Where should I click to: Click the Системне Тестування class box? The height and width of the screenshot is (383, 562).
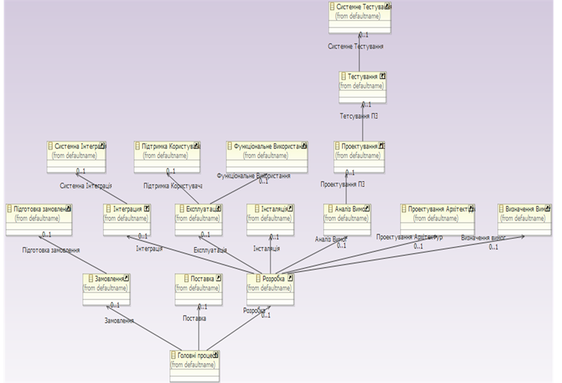click(x=360, y=16)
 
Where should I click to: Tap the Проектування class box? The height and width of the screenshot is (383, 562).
click(x=359, y=156)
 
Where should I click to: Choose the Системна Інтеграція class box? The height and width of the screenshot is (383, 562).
click(x=76, y=155)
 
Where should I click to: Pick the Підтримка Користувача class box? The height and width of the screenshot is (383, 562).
click(x=167, y=155)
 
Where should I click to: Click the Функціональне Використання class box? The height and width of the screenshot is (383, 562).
click(x=267, y=155)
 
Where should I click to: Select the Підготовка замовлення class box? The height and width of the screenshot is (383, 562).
click(x=39, y=218)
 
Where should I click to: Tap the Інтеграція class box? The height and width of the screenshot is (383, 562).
click(x=127, y=219)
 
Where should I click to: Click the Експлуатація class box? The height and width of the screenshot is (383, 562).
click(x=199, y=219)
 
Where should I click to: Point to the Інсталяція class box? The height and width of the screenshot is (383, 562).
click(x=270, y=219)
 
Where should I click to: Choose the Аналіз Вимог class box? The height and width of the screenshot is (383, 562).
click(x=347, y=219)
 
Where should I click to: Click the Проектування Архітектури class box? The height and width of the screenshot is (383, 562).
click(x=437, y=219)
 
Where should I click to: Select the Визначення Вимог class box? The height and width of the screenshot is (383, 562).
click(x=525, y=219)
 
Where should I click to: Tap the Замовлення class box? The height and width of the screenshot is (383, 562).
click(x=106, y=288)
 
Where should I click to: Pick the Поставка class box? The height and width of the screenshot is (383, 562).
click(x=198, y=288)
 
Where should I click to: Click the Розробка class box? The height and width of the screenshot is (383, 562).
click(x=270, y=288)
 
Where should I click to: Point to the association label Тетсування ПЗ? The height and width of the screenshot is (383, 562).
click(x=359, y=116)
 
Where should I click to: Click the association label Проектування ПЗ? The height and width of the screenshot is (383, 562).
click(x=343, y=184)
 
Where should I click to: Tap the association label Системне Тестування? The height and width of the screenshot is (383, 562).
click(x=356, y=47)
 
